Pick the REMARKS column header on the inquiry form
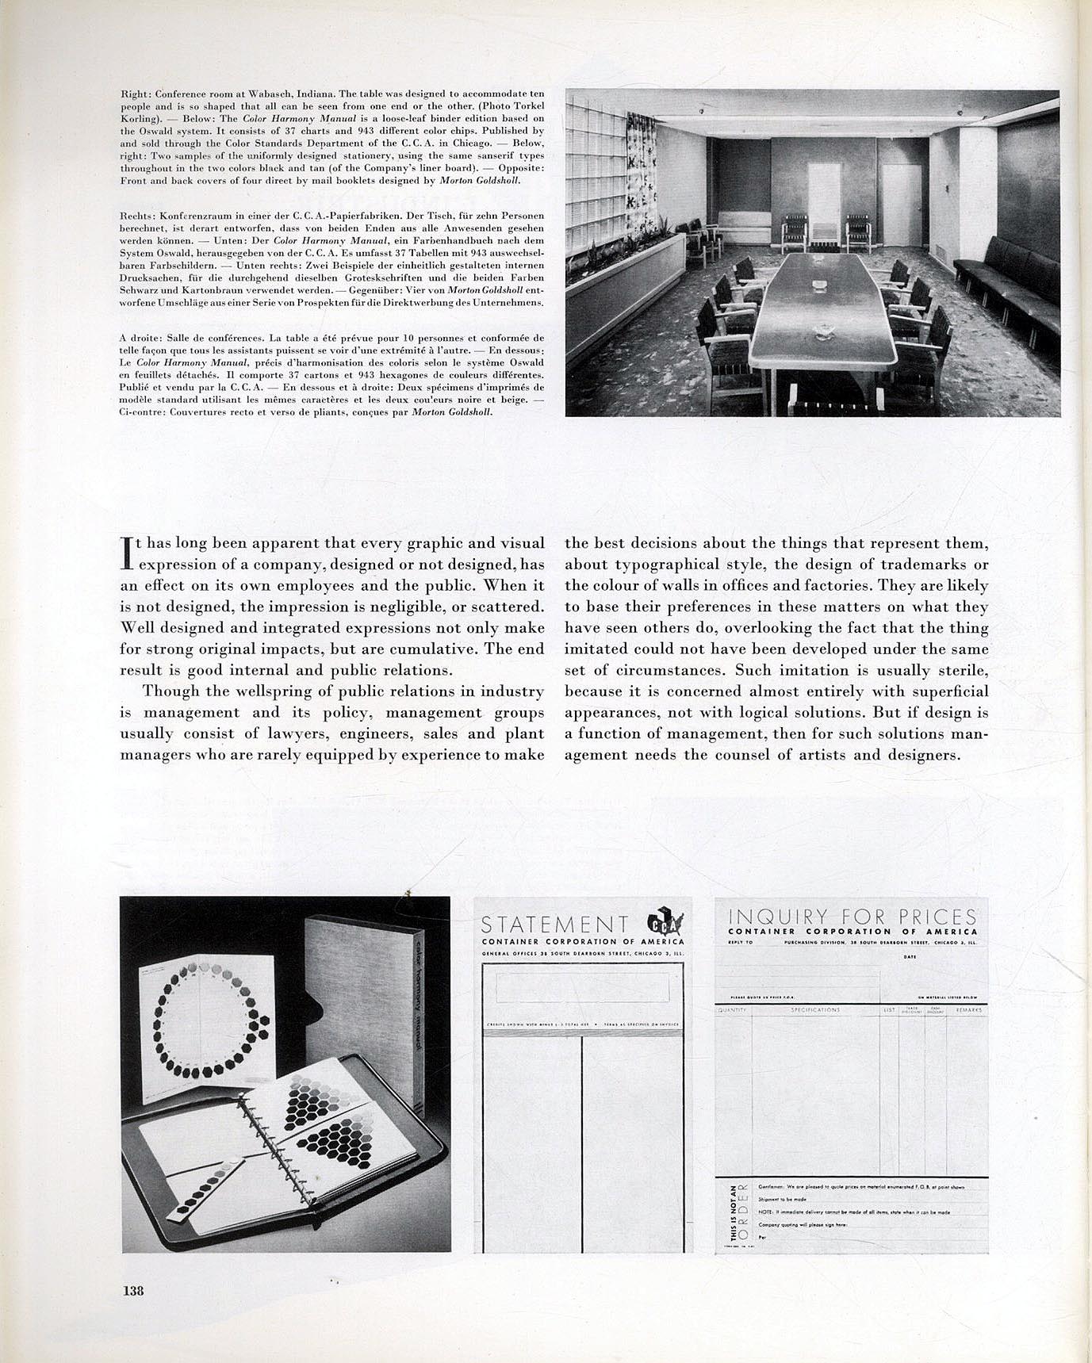[x=968, y=1010]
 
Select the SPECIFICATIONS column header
[x=815, y=1010]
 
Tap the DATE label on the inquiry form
[x=910, y=958]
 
